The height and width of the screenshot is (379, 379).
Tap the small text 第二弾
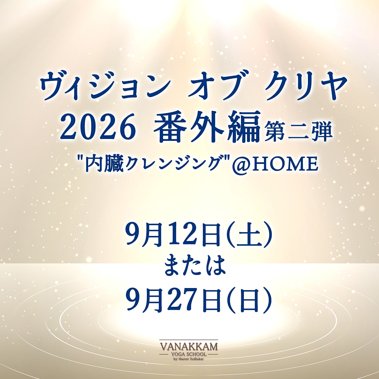(298, 131)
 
